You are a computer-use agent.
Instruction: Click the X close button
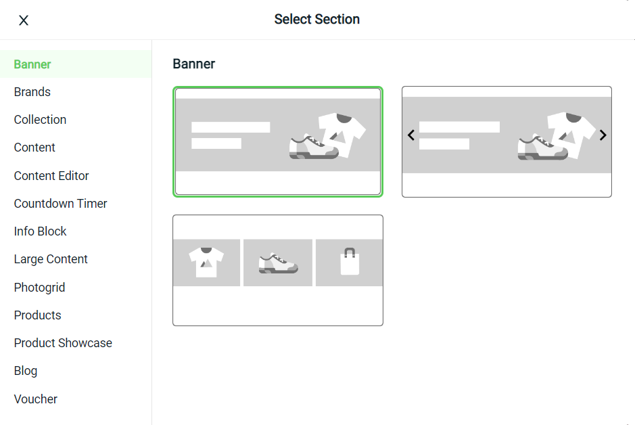coord(24,20)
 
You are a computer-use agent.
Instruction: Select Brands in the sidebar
coord(32,92)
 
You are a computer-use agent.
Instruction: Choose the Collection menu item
coord(40,120)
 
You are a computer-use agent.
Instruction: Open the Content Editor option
coord(51,175)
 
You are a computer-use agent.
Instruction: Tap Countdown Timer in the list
coord(61,204)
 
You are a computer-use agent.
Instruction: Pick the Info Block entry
coord(40,231)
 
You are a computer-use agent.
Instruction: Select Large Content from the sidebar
coord(51,259)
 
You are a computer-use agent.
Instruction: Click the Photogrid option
coord(39,287)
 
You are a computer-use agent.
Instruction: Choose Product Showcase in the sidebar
coord(63,342)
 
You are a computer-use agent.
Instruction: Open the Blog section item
coord(26,371)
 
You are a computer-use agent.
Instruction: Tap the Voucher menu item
coord(36,399)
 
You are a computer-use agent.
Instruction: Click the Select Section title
coord(317,19)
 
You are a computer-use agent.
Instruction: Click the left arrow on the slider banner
coord(411,135)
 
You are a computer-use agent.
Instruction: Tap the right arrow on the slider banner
coord(603,135)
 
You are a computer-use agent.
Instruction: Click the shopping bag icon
coord(350,262)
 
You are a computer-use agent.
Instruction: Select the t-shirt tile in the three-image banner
coord(206,263)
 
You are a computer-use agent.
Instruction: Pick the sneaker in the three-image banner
coord(278,263)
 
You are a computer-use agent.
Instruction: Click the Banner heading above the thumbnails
coord(194,64)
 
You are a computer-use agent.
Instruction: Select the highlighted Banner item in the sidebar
coord(32,64)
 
